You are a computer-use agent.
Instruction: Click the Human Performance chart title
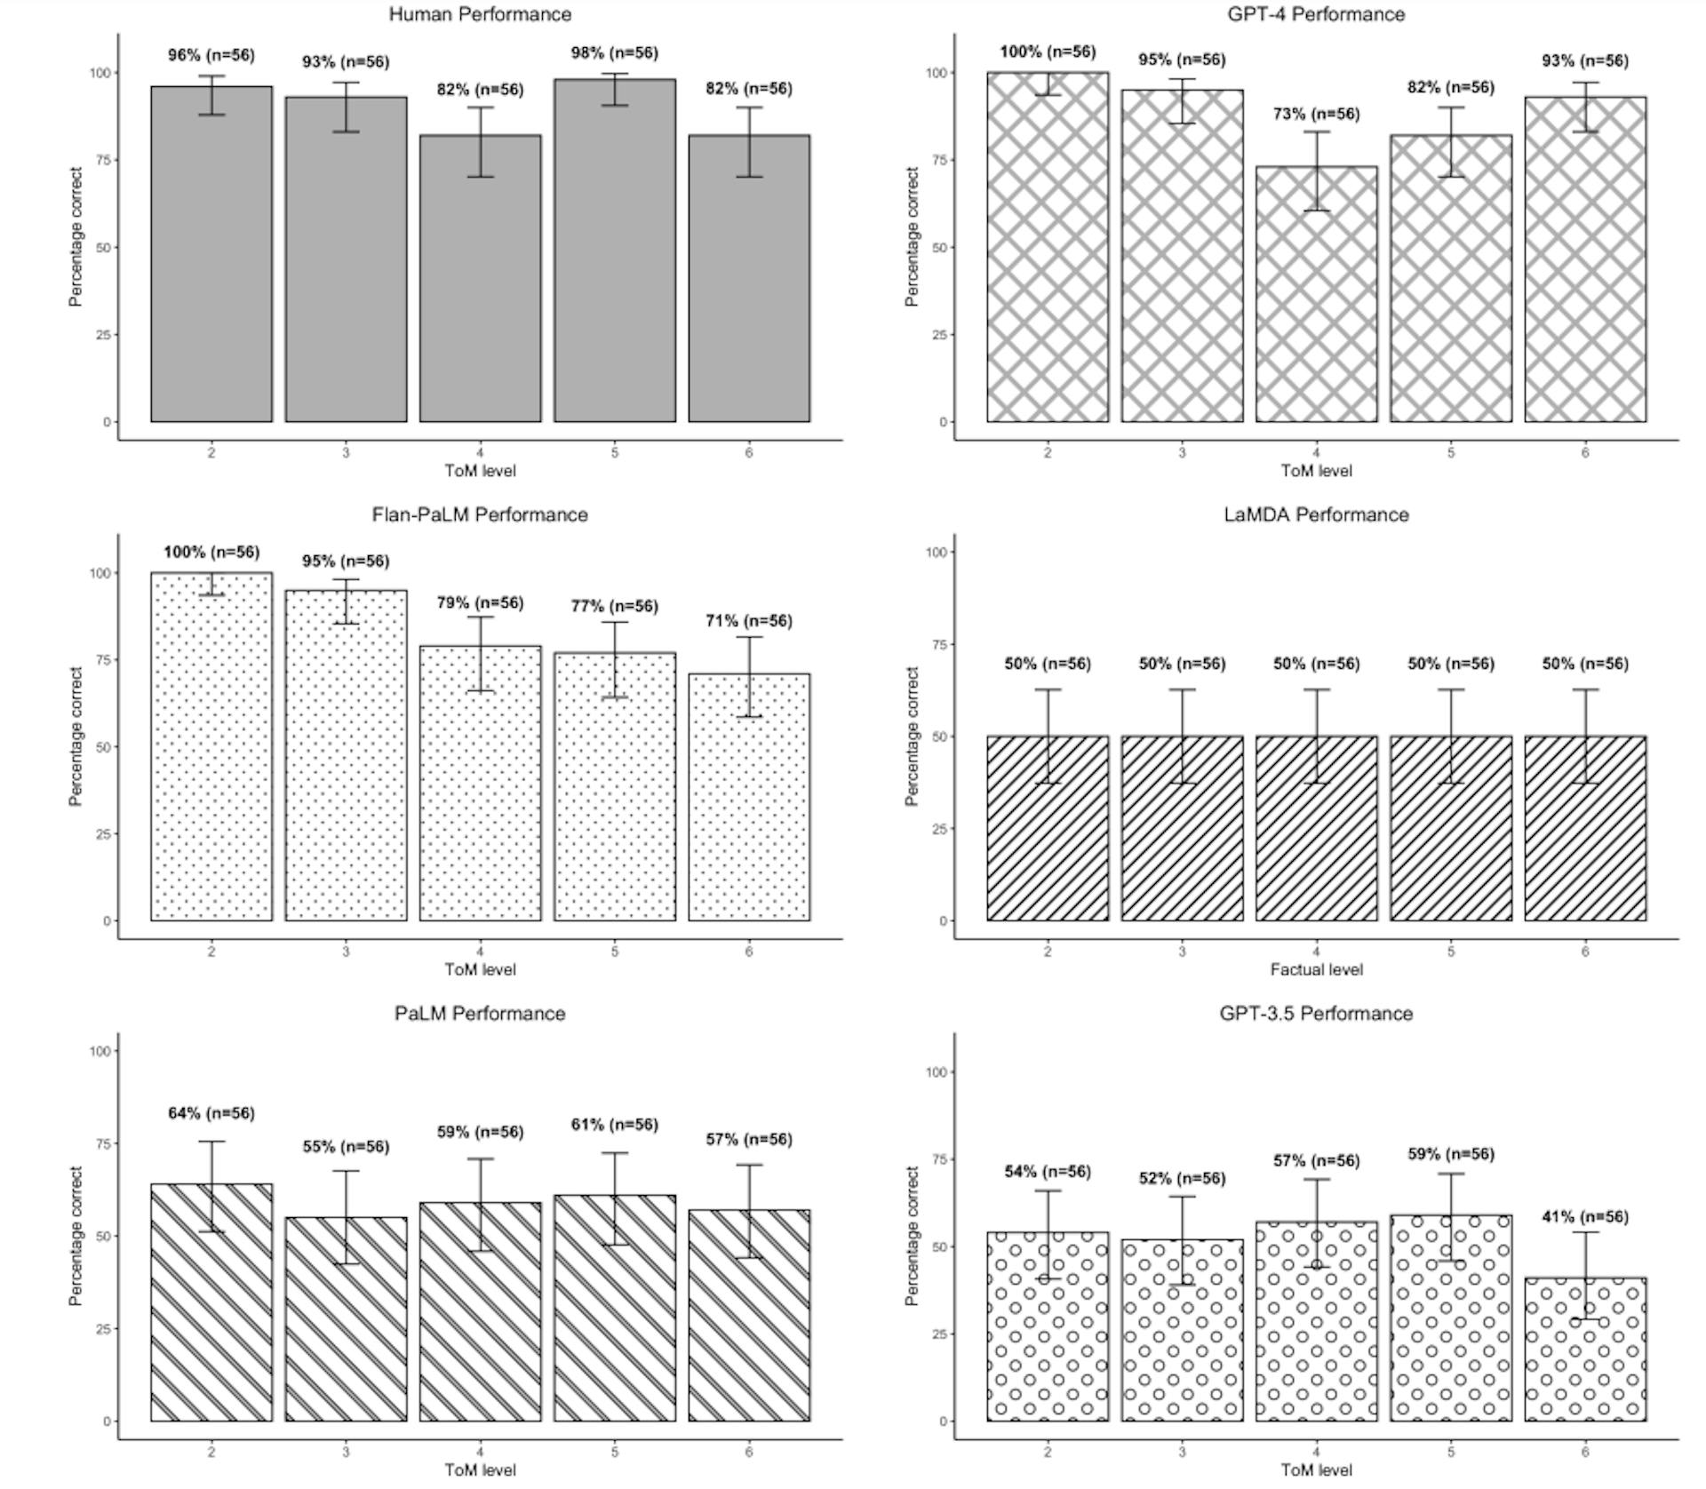point(480,14)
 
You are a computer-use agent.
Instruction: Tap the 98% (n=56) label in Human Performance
point(614,53)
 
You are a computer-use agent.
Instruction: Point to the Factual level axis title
point(1316,969)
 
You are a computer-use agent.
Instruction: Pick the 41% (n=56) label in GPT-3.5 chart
point(1585,1216)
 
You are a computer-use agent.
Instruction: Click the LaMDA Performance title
point(1316,514)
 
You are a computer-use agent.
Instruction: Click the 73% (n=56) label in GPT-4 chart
point(1316,114)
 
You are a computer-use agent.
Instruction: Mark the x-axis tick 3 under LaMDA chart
point(1182,952)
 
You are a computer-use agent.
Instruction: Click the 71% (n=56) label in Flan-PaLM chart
point(748,620)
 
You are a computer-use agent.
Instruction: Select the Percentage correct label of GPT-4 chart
point(912,236)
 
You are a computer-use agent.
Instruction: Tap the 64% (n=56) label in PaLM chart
point(211,1113)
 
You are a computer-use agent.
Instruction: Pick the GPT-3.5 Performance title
point(1316,1014)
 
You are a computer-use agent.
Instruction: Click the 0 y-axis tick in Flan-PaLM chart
point(107,920)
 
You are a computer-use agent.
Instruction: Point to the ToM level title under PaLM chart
point(480,1469)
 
